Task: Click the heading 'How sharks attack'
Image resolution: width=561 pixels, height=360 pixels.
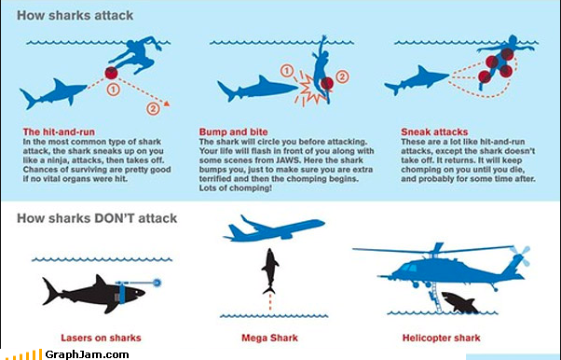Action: (75, 16)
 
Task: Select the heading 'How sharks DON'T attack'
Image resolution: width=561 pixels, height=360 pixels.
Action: (97, 218)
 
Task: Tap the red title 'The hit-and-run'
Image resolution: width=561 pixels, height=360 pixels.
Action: (59, 132)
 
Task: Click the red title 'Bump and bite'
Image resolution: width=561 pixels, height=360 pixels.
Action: (233, 132)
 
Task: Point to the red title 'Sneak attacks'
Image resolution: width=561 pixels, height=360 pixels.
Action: (434, 132)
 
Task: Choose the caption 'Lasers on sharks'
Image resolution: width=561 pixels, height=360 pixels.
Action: (101, 338)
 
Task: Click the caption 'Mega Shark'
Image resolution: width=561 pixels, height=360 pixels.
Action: (269, 338)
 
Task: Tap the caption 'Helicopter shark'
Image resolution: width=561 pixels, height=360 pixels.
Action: (441, 338)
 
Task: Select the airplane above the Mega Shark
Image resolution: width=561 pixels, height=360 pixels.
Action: (274, 228)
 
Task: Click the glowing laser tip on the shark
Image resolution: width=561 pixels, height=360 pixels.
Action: (157, 283)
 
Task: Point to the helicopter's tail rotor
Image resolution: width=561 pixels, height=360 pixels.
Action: (520, 255)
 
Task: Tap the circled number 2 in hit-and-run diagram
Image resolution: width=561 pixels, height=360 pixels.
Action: (153, 108)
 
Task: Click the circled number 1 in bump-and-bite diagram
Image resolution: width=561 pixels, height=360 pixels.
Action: (287, 71)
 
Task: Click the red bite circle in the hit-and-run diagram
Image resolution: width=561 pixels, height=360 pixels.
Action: (111, 73)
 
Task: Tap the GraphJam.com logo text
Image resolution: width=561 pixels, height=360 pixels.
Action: (87, 354)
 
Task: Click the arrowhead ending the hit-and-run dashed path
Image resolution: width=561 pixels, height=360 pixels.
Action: (166, 104)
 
